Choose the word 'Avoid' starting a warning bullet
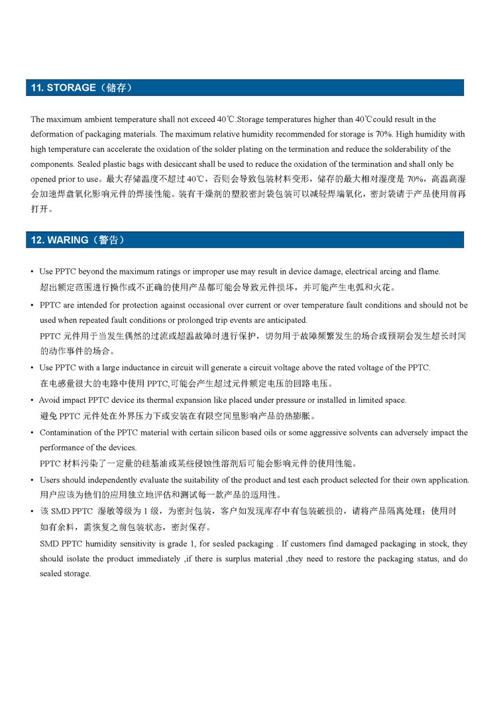coord(48,400)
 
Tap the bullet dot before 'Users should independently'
coord(32,480)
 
